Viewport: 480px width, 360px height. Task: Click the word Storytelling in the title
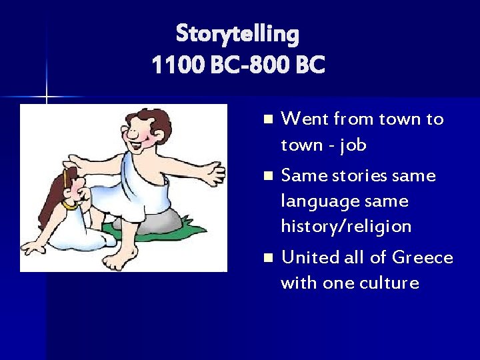[237, 33]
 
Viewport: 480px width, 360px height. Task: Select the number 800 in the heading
[275, 65]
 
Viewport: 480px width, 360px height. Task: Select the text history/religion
[346, 227]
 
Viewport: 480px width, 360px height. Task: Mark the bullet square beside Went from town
[268, 120]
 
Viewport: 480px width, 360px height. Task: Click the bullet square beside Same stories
[268, 177]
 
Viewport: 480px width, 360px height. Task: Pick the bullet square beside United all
[268, 258]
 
